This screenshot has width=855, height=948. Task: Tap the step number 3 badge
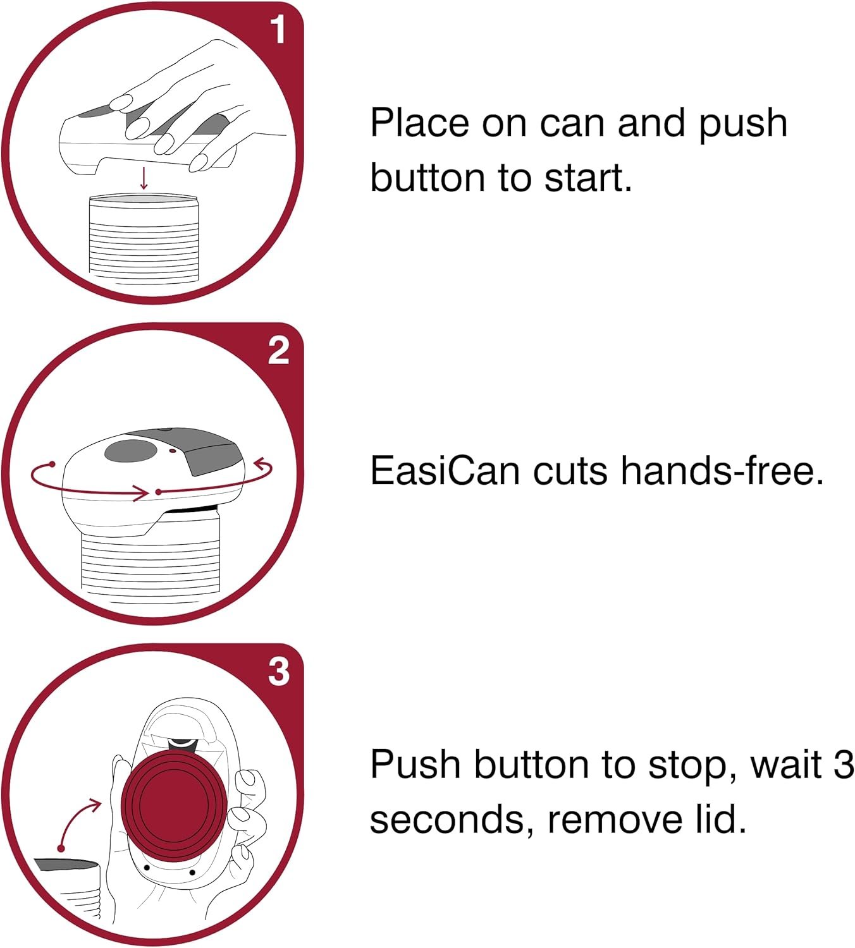(x=279, y=672)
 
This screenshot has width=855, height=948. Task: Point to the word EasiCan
(x=445, y=471)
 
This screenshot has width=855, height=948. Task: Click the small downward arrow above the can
(x=144, y=179)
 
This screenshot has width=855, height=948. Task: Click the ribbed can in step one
(x=144, y=240)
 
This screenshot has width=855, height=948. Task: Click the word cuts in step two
(x=570, y=471)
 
